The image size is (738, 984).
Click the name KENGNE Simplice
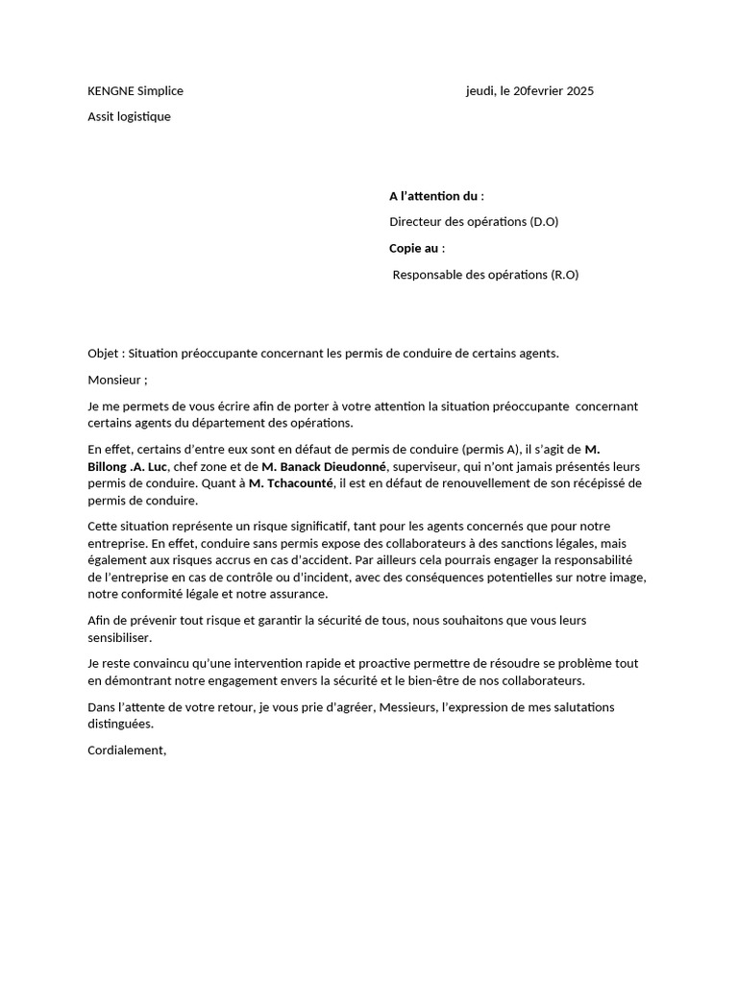135,91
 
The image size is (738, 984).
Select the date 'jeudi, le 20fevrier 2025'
529,91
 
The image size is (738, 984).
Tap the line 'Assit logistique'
129,117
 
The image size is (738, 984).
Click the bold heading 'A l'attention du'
433,196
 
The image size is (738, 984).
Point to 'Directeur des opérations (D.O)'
474,222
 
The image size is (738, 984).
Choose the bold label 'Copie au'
413,248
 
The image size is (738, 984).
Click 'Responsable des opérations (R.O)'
486,275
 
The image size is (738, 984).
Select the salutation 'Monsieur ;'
117,380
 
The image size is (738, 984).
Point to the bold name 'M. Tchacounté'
291,483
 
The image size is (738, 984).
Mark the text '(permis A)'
491,450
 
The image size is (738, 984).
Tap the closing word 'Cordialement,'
127,750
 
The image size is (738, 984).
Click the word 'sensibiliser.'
119,637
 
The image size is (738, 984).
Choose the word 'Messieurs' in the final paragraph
382,708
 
